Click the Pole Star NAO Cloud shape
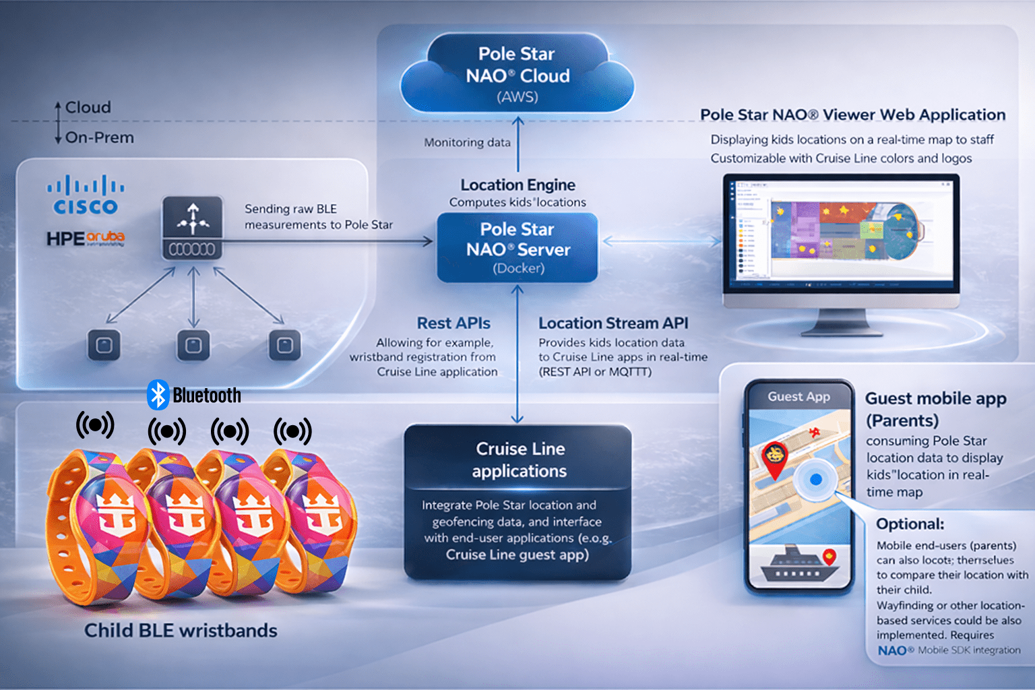[517, 74]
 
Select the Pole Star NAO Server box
[517, 247]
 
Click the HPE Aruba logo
[86, 239]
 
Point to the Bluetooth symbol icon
[158, 395]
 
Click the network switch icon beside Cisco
[193, 228]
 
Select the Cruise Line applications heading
[520, 460]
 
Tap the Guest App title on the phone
[798, 397]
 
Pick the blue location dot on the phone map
[816, 480]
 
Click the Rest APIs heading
[453, 323]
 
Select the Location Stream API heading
[613, 323]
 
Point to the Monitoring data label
[467, 143]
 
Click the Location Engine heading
[517, 185]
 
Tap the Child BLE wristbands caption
[181, 631]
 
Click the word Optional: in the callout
[910, 524]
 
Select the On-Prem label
[100, 137]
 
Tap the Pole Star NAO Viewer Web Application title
[852, 115]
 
